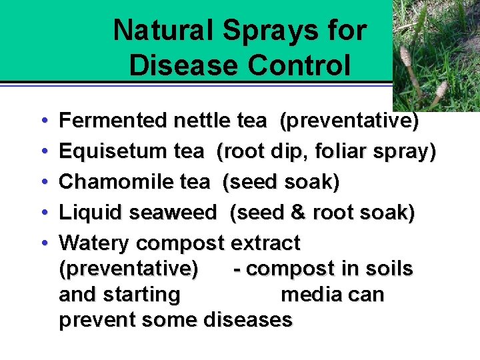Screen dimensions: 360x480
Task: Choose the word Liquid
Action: click(90, 213)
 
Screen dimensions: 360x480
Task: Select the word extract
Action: click(265, 243)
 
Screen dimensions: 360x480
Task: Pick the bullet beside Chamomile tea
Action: click(43, 182)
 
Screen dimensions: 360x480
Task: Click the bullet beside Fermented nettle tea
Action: click(43, 121)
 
